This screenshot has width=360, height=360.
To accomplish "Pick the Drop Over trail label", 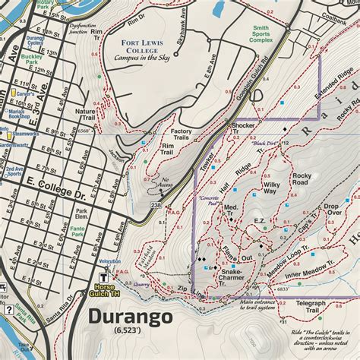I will pyautogui.click(x=332, y=210).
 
